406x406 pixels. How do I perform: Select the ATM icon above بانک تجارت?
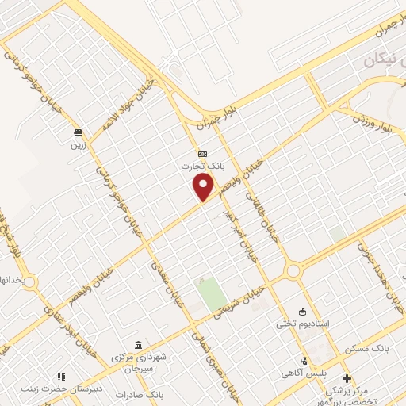click(202, 154)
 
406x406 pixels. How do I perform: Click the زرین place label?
click(79, 145)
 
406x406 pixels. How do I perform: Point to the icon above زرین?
click(78, 132)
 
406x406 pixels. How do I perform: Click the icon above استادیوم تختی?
click(301, 311)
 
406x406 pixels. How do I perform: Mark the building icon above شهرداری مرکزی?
click(139, 345)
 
